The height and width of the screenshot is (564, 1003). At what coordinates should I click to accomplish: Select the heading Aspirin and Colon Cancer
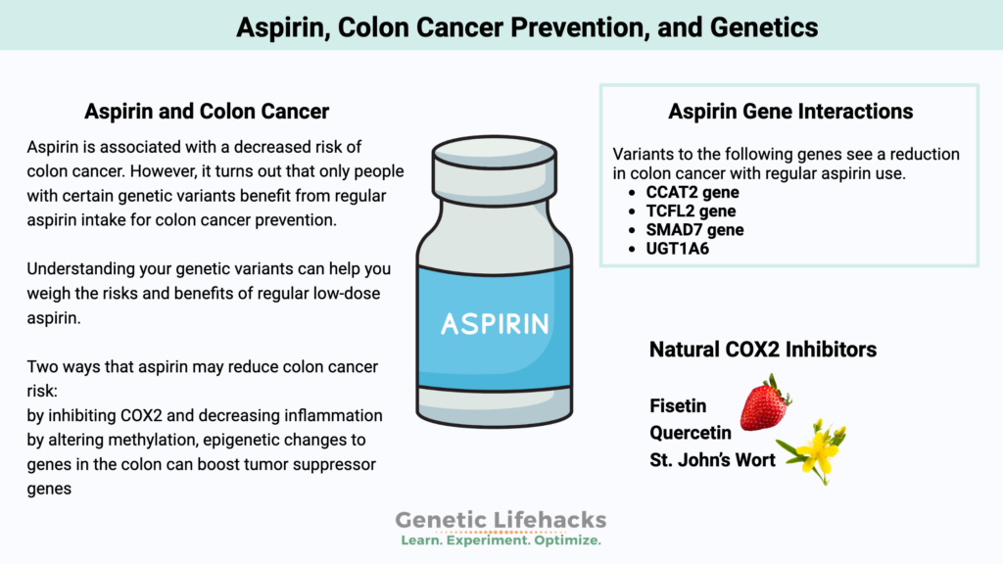207,111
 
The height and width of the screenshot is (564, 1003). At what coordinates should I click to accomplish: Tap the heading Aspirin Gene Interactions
789,111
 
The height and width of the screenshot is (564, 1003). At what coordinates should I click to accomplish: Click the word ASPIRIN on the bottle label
495,323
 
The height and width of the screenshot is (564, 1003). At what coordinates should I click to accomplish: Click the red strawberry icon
764,402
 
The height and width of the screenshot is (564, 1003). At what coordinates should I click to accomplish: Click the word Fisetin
678,405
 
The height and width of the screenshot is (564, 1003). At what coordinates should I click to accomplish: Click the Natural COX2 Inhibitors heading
762,349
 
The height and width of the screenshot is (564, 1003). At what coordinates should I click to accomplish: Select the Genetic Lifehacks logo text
501,520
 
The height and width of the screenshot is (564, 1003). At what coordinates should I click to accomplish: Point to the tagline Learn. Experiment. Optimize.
501,540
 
